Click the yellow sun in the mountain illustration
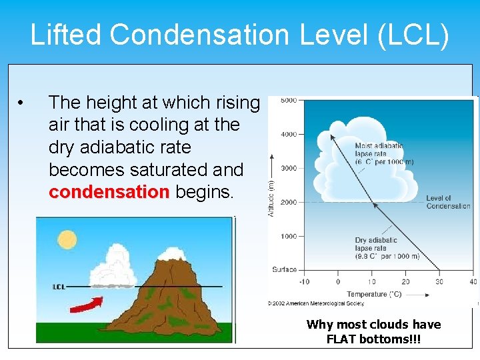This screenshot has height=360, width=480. pos(67,239)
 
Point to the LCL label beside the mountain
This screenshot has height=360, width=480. pos(59,287)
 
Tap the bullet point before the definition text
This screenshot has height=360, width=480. pos(22,103)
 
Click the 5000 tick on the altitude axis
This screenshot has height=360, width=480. pos(288,101)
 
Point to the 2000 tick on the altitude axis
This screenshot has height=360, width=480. pos(288,202)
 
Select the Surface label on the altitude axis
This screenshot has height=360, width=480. pos(284,270)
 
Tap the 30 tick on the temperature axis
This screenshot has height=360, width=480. pos(439,281)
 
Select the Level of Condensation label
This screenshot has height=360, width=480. pos(448,202)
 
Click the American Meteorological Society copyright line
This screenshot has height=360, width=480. pos(316,303)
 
